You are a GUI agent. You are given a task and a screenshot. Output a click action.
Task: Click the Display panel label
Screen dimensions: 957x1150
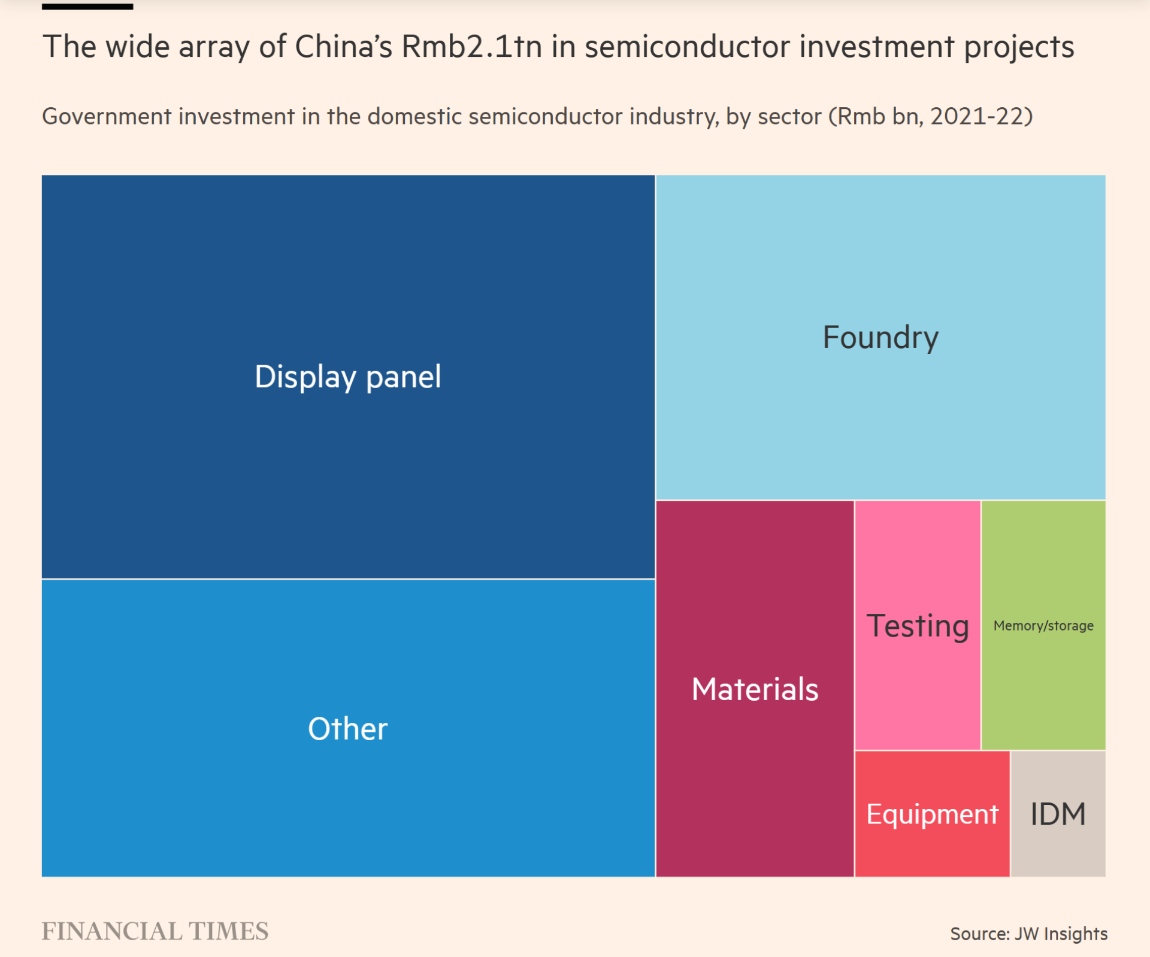[347, 377]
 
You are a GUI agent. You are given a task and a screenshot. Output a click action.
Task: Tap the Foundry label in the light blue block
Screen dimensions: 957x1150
[880, 338]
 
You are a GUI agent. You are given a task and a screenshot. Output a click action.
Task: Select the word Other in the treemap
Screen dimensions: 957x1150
[347, 729]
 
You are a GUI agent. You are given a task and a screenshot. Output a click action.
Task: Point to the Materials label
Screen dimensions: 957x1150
[755, 689]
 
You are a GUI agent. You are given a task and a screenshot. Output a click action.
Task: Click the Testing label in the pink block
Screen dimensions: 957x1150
[918, 626]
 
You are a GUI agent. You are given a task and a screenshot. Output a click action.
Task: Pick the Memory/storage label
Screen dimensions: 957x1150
[1043, 626]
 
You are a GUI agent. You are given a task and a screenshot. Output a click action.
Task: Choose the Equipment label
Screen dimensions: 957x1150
[932, 814]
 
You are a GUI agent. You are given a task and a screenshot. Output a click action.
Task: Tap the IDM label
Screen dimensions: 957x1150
[1058, 814]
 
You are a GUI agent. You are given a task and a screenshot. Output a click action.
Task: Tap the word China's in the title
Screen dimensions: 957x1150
[343, 47]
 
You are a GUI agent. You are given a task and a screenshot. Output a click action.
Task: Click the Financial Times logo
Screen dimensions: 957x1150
[155, 931]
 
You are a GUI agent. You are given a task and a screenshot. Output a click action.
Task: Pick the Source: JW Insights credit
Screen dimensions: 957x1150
[1028, 934]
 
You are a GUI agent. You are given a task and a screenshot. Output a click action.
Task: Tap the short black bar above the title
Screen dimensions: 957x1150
[87, 7]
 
